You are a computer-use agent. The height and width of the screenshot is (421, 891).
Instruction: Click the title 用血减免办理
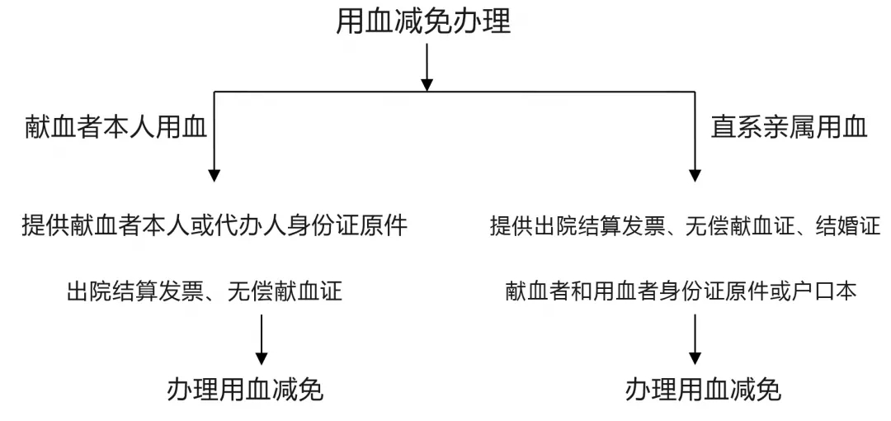(423, 21)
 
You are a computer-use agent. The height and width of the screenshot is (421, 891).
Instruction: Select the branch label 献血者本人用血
(116, 127)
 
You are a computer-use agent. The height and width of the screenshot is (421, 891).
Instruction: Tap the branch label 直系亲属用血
(790, 127)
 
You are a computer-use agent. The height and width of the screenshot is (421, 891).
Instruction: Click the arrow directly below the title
(427, 67)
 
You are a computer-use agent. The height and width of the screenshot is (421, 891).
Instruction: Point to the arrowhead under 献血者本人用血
(214, 175)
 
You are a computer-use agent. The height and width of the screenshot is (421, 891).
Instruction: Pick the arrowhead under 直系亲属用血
(695, 175)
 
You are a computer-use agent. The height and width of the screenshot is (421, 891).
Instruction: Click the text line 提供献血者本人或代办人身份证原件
(214, 225)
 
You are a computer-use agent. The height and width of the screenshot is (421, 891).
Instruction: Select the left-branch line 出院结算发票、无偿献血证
(205, 292)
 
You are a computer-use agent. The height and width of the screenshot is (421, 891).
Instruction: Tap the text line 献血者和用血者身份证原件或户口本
(681, 292)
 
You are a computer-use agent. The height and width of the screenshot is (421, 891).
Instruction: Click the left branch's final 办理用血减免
(246, 390)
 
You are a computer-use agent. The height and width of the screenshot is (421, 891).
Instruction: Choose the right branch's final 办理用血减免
(704, 390)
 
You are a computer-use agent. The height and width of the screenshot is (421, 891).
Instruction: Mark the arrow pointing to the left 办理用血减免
(262, 339)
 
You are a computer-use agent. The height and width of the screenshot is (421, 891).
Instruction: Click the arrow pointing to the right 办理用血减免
(695, 339)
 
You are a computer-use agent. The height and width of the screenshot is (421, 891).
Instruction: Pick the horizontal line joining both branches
(454, 92)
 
